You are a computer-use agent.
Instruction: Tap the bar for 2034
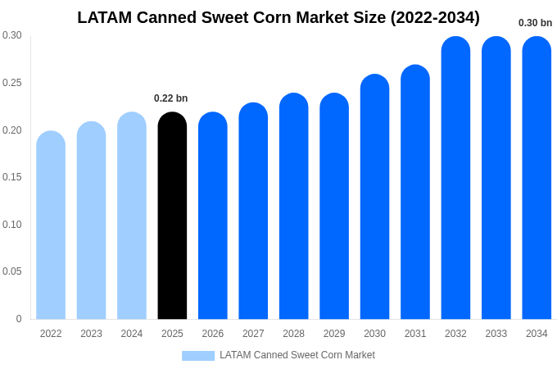point(537,178)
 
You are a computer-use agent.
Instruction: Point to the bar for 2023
point(91,221)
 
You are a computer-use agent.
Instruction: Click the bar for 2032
point(455,178)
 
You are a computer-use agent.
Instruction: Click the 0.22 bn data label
point(170,98)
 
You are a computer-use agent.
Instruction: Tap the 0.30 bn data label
point(535,23)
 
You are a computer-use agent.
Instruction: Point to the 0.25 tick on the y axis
point(12,83)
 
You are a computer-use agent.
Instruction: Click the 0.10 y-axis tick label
point(12,225)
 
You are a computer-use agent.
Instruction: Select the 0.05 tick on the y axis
point(12,271)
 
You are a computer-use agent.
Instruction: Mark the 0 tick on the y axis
point(19,319)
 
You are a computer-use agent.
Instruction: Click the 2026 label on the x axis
point(213,334)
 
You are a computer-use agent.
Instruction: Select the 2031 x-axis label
point(415,334)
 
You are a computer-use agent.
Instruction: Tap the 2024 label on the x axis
point(132,334)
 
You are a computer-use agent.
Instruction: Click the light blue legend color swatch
point(197,356)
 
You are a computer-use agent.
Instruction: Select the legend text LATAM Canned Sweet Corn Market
point(297,355)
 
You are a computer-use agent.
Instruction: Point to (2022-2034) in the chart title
point(435,17)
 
